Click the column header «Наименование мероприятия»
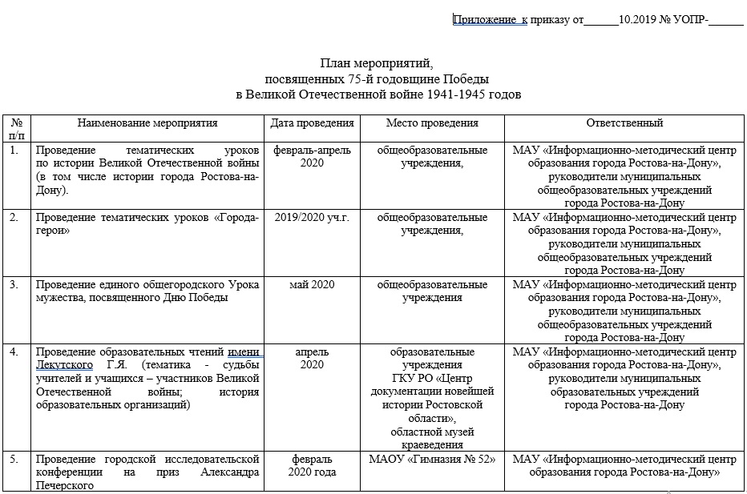(147, 123)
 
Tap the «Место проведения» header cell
(432, 123)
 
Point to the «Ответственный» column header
(624, 123)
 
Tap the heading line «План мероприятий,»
(377, 63)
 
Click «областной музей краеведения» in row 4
(432, 438)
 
